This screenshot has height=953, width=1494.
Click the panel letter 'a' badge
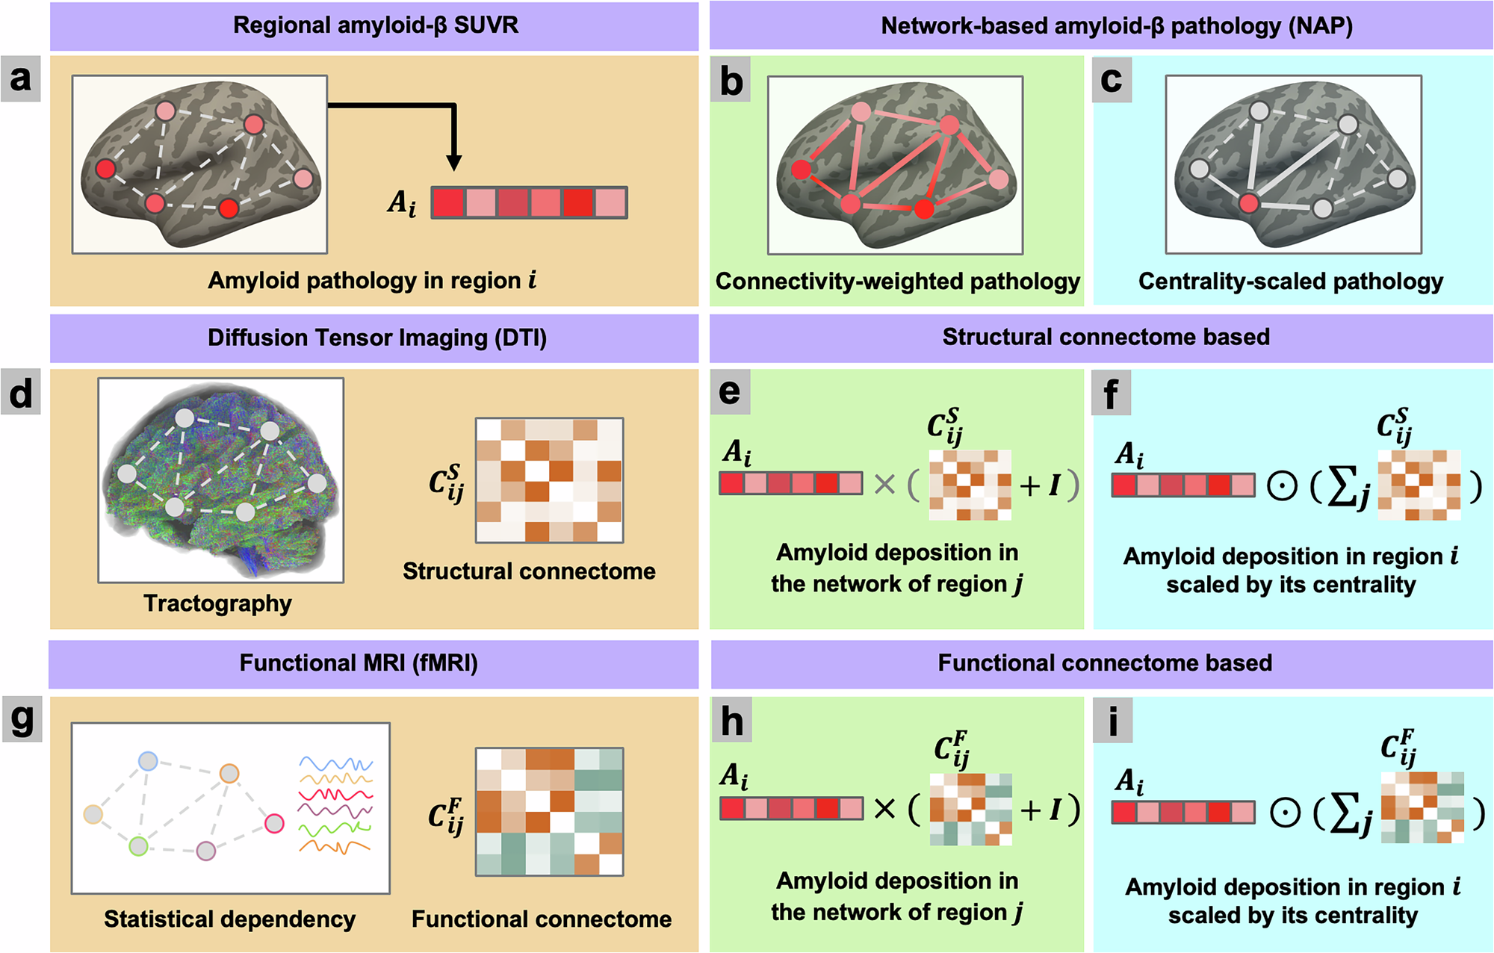[x=20, y=78]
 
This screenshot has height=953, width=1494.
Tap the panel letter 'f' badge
[x=1112, y=394]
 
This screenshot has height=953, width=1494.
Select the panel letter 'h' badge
[x=732, y=721]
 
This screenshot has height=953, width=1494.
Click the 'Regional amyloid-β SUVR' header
[x=375, y=25]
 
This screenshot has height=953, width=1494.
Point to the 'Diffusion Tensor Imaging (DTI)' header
[x=376, y=338]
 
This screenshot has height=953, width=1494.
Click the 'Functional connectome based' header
[x=1104, y=662]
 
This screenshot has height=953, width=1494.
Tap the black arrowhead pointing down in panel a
[x=453, y=162]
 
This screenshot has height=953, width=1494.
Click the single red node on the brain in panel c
[x=1248, y=202]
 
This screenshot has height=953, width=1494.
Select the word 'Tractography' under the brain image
[x=217, y=603]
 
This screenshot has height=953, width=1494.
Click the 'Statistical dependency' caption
[x=229, y=919]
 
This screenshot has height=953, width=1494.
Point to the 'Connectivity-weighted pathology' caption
[x=897, y=281]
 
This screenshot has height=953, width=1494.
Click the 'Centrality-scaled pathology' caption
[x=1290, y=281]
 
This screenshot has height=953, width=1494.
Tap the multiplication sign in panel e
[x=884, y=485]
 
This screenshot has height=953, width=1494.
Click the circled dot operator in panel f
[x=1283, y=487]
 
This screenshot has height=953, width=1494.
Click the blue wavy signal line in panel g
[x=335, y=764]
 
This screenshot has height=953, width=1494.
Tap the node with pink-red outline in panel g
[x=275, y=823]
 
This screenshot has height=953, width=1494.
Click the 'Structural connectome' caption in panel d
[x=529, y=571]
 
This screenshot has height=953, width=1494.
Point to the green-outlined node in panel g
[x=139, y=846]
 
